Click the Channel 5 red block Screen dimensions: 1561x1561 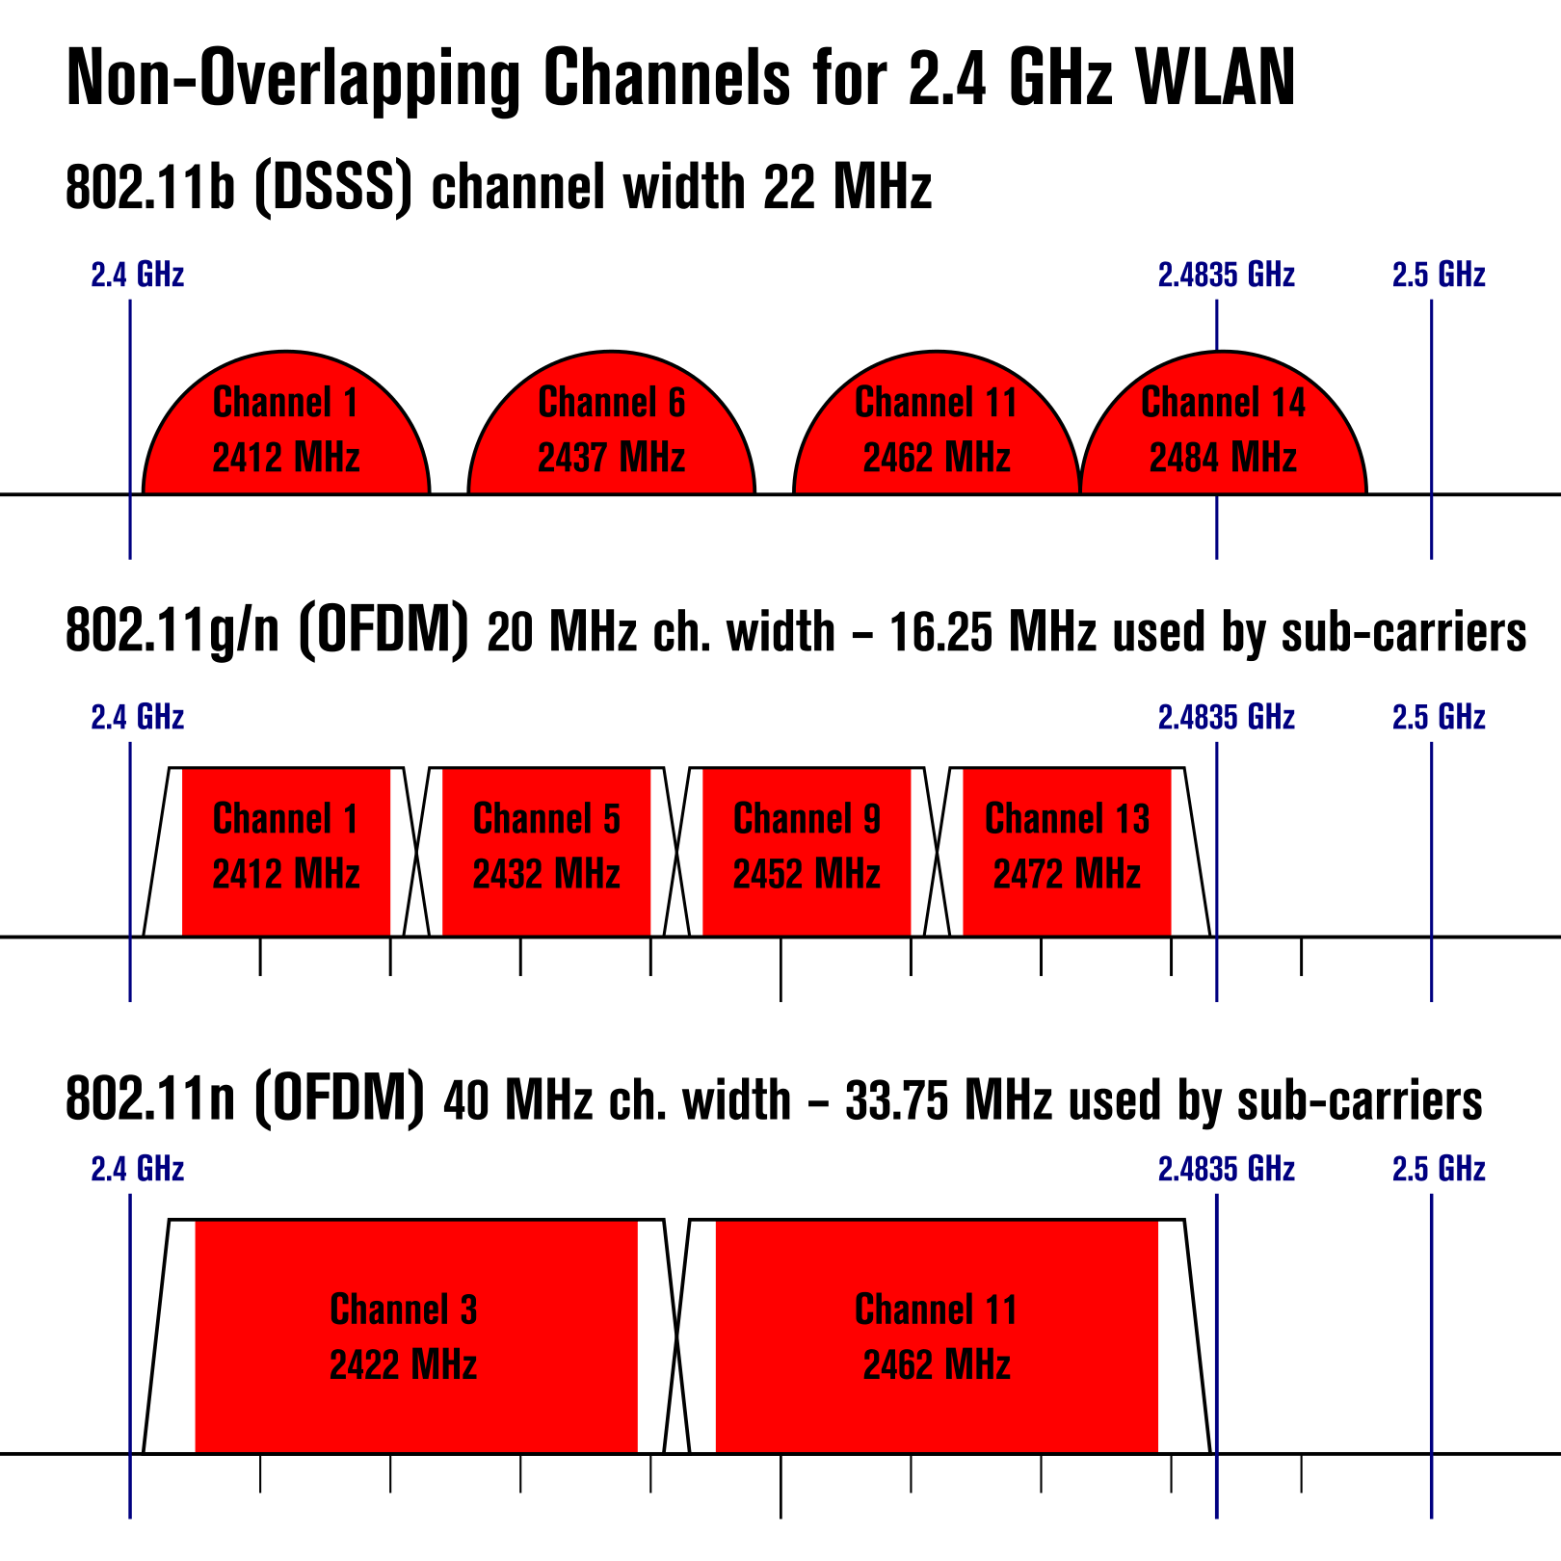[x=546, y=852]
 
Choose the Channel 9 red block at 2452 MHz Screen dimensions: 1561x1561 [x=807, y=852]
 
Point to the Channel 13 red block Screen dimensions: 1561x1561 [x=1067, y=852]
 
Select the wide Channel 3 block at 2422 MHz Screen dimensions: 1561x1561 [x=416, y=1336]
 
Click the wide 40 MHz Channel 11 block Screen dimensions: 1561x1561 [x=937, y=1336]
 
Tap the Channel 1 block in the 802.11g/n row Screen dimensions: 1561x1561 [x=286, y=852]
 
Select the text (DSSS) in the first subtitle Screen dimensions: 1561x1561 [x=333, y=187]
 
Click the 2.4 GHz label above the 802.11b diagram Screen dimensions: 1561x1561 [x=138, y=275]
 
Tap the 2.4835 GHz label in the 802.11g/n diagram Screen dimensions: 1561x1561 [x=1226, y=717]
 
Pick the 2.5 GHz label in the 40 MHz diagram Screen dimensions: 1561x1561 [x=1439, y=1169]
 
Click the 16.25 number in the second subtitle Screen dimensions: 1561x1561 [x=940, y=633]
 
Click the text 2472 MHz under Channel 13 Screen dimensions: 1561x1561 [x=1067, y=874]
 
